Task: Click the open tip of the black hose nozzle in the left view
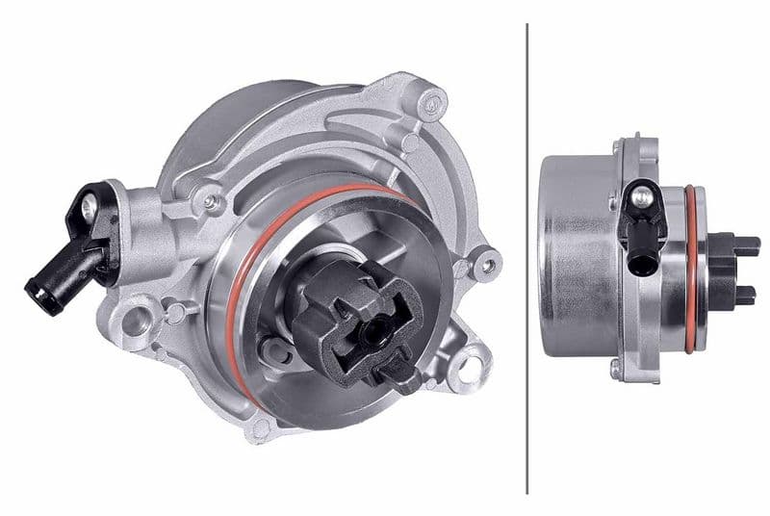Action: pyautogui.click(x=33, y=285)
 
